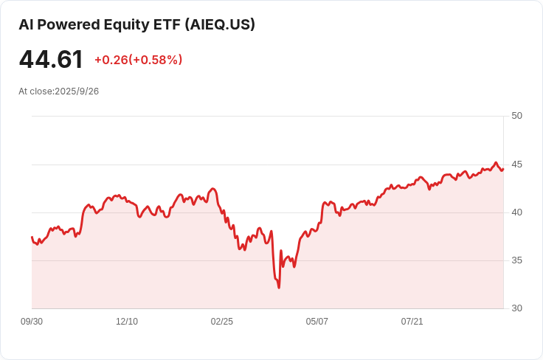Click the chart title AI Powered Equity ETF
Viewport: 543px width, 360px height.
[x=100, y=25]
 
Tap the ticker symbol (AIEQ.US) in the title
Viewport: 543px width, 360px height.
[x=220, y=24]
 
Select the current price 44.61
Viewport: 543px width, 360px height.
[x=51, y=59]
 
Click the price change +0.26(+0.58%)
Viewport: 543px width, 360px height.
[x=139, y=60]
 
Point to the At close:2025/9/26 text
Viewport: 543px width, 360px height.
[x=58, y=91]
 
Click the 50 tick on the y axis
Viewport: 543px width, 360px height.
[x=516, y=116]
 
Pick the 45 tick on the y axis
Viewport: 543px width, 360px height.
[x=516, y=165]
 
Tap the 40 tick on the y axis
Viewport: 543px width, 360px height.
[x=516, y=212]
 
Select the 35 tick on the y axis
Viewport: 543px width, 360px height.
[x=516, y=260]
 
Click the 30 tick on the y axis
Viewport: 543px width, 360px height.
[x=516, y=308]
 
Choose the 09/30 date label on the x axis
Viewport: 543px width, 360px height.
[x=32, y=322]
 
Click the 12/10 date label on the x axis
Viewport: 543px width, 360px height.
[x=127, y=322]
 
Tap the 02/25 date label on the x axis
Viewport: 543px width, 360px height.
[x=221, y=322]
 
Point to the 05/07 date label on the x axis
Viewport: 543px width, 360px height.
[x=317, y=322]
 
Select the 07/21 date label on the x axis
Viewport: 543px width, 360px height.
[x=412, y=322]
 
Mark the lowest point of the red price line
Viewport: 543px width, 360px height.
[x=279, y=288]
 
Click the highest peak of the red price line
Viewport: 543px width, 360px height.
[x=496, y=162]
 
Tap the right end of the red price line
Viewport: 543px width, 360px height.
[x=503, y=169]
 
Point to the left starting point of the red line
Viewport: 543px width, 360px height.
[x=32, y=237]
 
